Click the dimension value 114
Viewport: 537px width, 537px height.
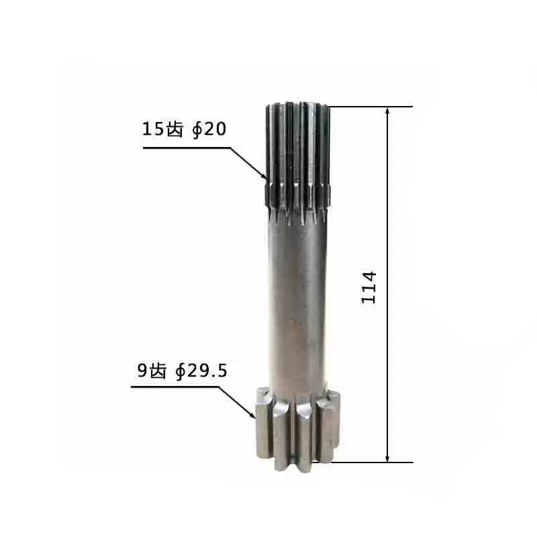coord(370,287)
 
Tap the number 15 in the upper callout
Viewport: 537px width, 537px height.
coord(152,129)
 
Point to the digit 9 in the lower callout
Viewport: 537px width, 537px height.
coord(142,371)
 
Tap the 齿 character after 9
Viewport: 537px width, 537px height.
coord(158,371)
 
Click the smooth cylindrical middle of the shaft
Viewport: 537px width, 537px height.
coord(295,302)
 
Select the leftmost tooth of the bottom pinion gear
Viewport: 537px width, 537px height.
coord(261,430)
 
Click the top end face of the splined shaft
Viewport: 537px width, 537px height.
coord(297,105)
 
